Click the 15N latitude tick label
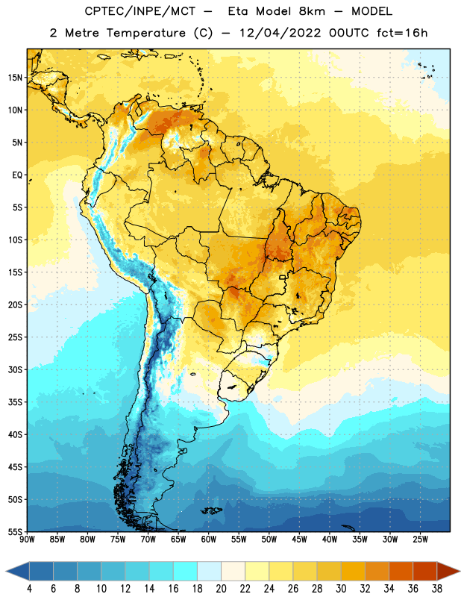tap(15, 78)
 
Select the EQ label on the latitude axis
tap(17, 175)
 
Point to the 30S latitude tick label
tap(15, 369)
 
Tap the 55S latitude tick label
tap(15, 531)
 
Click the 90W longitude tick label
tap(27, 540)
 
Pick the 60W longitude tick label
tap(209, 540)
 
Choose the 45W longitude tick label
tap(299, 540)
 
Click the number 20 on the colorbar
tap(221, 589)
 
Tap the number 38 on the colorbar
tap(437, 589)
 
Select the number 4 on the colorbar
tap(29, 589)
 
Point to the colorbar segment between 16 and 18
tap(186, 572)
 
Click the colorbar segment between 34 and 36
tap(401, 572)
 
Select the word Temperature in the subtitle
tap(145, 33)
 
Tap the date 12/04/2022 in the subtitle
tap(280, 33)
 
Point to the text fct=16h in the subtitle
tap(402, 33)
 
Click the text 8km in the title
tap(312, 11)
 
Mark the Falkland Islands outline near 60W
tap(212, 510)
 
